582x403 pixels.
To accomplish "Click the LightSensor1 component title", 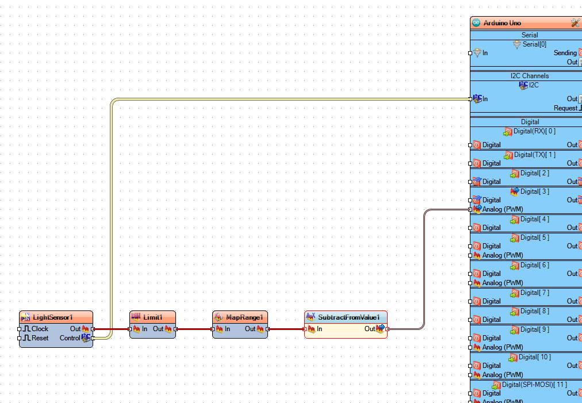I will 52,317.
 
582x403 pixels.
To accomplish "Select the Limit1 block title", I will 153,317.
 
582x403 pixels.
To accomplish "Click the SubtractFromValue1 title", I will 349,317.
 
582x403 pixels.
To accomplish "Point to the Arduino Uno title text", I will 502,23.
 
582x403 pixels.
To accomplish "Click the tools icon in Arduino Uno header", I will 575,23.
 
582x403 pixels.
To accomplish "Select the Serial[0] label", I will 534,44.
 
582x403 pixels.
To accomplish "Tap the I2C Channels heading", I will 529,76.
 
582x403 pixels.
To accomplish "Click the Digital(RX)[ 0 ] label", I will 534,132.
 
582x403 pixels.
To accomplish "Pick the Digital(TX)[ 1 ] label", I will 534,155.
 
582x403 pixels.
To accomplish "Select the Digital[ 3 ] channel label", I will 534,191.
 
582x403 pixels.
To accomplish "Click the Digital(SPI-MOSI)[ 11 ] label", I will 534,385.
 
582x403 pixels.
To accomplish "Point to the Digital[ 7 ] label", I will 534,293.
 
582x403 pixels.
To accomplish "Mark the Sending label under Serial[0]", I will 565,53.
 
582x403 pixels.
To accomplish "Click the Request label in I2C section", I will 565,108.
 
